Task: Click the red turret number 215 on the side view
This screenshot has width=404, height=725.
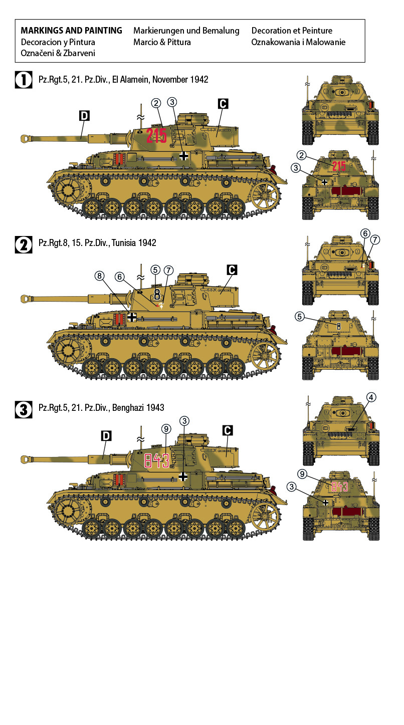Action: click(x=156, y=136)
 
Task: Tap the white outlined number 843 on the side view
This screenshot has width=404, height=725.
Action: click(x=156, y=460)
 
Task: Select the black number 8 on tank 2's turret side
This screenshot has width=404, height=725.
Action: click(x=157, y=294)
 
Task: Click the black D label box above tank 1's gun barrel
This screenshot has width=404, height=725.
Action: click(x=84, y=116)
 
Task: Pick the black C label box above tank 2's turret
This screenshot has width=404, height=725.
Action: click(x=231, y=270)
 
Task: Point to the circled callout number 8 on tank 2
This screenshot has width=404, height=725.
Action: click(x=100, y=276)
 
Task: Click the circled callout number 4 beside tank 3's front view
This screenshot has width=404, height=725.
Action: click(x=370, y=398)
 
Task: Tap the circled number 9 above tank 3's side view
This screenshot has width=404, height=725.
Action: click(x=167, y=429)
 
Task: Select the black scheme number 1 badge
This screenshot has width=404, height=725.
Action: click(x=24, y=80)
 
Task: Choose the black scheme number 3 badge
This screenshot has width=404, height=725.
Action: click(x=24, y=409)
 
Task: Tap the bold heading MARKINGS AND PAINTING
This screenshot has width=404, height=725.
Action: click(x=71, y=31)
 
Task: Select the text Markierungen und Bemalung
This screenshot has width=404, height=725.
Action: click(x=186, y=31)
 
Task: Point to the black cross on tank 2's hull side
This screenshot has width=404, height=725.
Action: click(x=132, y=317)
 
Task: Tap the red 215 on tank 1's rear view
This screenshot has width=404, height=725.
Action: click(x=339, y=166)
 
